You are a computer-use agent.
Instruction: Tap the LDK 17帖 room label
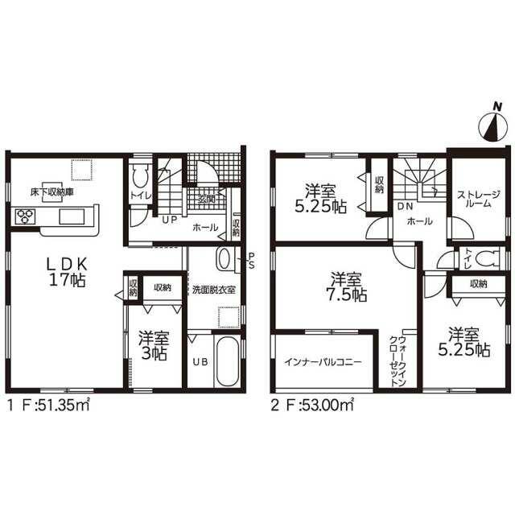pyautogui.click(x=68, y=272)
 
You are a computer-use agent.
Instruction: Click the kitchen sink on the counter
pyautogui.click(x=72, y=217)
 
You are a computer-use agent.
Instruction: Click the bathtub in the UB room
pyautogui.click(x=226, y=361)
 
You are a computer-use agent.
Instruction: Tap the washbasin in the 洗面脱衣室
pyautogui.click(x=225, y=259)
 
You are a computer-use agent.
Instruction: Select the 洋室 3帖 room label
pyautogui.click(x=154, y=345)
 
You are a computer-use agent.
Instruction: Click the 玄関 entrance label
pyautogui.click(x=207, y=199)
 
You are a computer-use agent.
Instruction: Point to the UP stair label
pyautogui.click(x=170, y=220)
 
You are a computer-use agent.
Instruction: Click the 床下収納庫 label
pyautogui.click(x=51, y=192)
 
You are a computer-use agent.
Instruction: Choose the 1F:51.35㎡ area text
pyautogui.click(x=48, y=406)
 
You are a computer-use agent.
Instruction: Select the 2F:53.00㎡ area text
pyautogui.click(x=312, y=406)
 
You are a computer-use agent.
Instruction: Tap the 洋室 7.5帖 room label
pyautogui.click(x=347, y=286)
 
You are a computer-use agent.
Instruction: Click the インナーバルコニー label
pyautogui.click(x=323, y=362)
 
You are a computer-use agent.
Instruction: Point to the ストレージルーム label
pyautogui.click(x=479, y=199)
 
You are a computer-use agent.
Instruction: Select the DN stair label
pyautogui.click(x=405, y=207)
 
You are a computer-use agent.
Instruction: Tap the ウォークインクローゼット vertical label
pyautogui.click(x=398, y=360)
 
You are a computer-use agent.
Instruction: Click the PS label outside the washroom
pyautogui.click(x=251, y=261)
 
